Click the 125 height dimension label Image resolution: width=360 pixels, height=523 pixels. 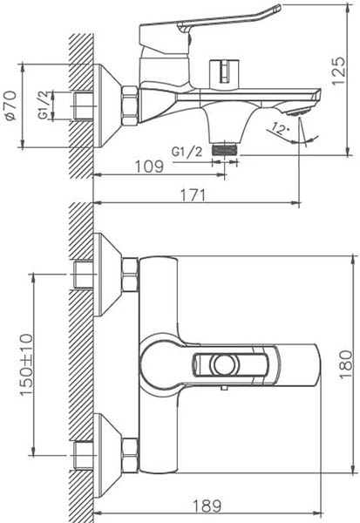tap(338, 71)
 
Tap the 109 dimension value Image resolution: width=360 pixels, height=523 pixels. tap(149, 166)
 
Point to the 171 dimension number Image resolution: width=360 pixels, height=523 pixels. tap(194, 194)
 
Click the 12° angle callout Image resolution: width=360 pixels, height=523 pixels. tap(279, 128)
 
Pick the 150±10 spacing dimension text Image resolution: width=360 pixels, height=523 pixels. tap(27, 364)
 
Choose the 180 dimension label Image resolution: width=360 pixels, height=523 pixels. tap(346, 364)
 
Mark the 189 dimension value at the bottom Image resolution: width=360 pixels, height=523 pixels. tap(207, 506)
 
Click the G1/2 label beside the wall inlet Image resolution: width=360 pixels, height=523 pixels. tap(45, 105)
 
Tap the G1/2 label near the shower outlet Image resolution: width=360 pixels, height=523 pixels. tap(187, 152)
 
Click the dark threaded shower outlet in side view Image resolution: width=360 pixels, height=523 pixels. tap(224, 149)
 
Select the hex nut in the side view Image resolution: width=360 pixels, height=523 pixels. tap(130, 105)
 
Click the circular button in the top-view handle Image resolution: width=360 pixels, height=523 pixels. tap(222, 364)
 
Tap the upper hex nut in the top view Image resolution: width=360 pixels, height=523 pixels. tap(130, 275)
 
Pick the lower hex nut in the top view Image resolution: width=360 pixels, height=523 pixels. tap(130, 455)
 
